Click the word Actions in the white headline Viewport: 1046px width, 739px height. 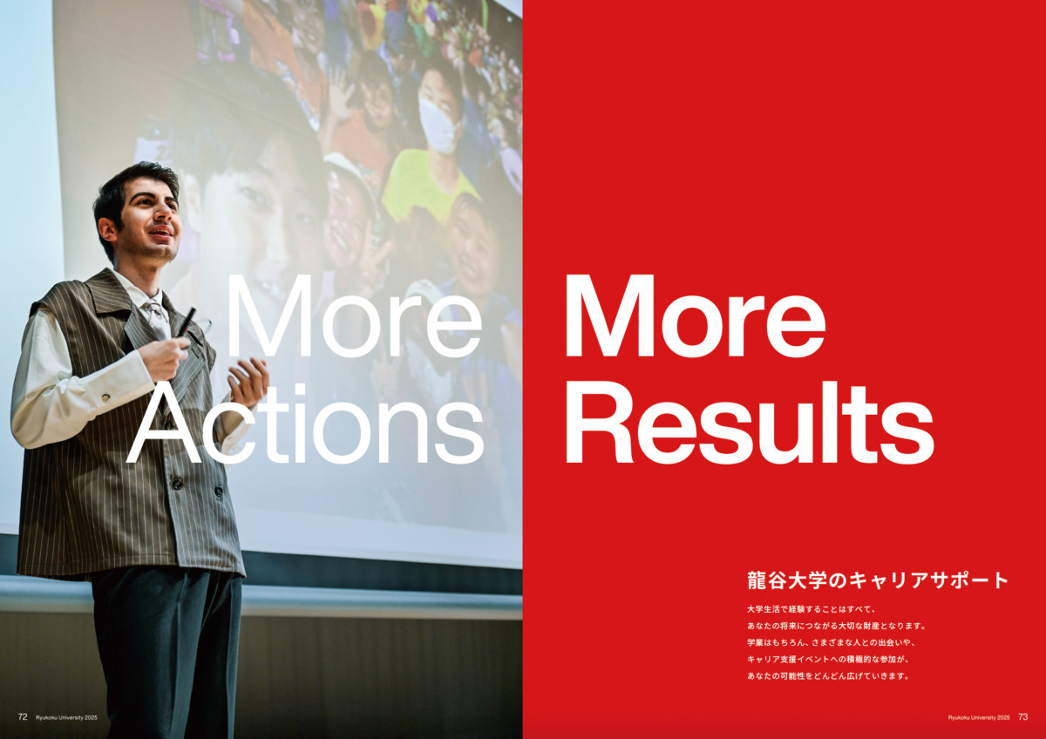pyautogui.click(x=305, y=424)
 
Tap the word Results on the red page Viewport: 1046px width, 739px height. pyautogui.click(x=750, y=423)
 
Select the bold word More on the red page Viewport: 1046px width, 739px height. pyautogui.click(x=696, y=316)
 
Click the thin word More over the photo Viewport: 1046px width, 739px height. pyautogui.click(x=354, y=316)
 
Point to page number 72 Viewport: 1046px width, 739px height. pyautogui.click(x=23, y=716)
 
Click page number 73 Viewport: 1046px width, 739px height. pyautogui.click(x=1023, y=716)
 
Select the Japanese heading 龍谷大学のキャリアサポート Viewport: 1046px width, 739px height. pyautogui.click(x=878, y=580)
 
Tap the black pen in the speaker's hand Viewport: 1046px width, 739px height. pyautogui.click(x=187, y=322)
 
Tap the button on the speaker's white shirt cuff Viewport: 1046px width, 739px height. pyautogui.click(x=106, y=397)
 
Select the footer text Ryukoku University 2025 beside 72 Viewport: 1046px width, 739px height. pyautogui.click(x=67, y=717)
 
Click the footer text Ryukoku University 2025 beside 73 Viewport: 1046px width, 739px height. pyautogui.click(x=979, y=717)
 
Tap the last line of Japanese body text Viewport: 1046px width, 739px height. pyautogui.click(x=828, y=676)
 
